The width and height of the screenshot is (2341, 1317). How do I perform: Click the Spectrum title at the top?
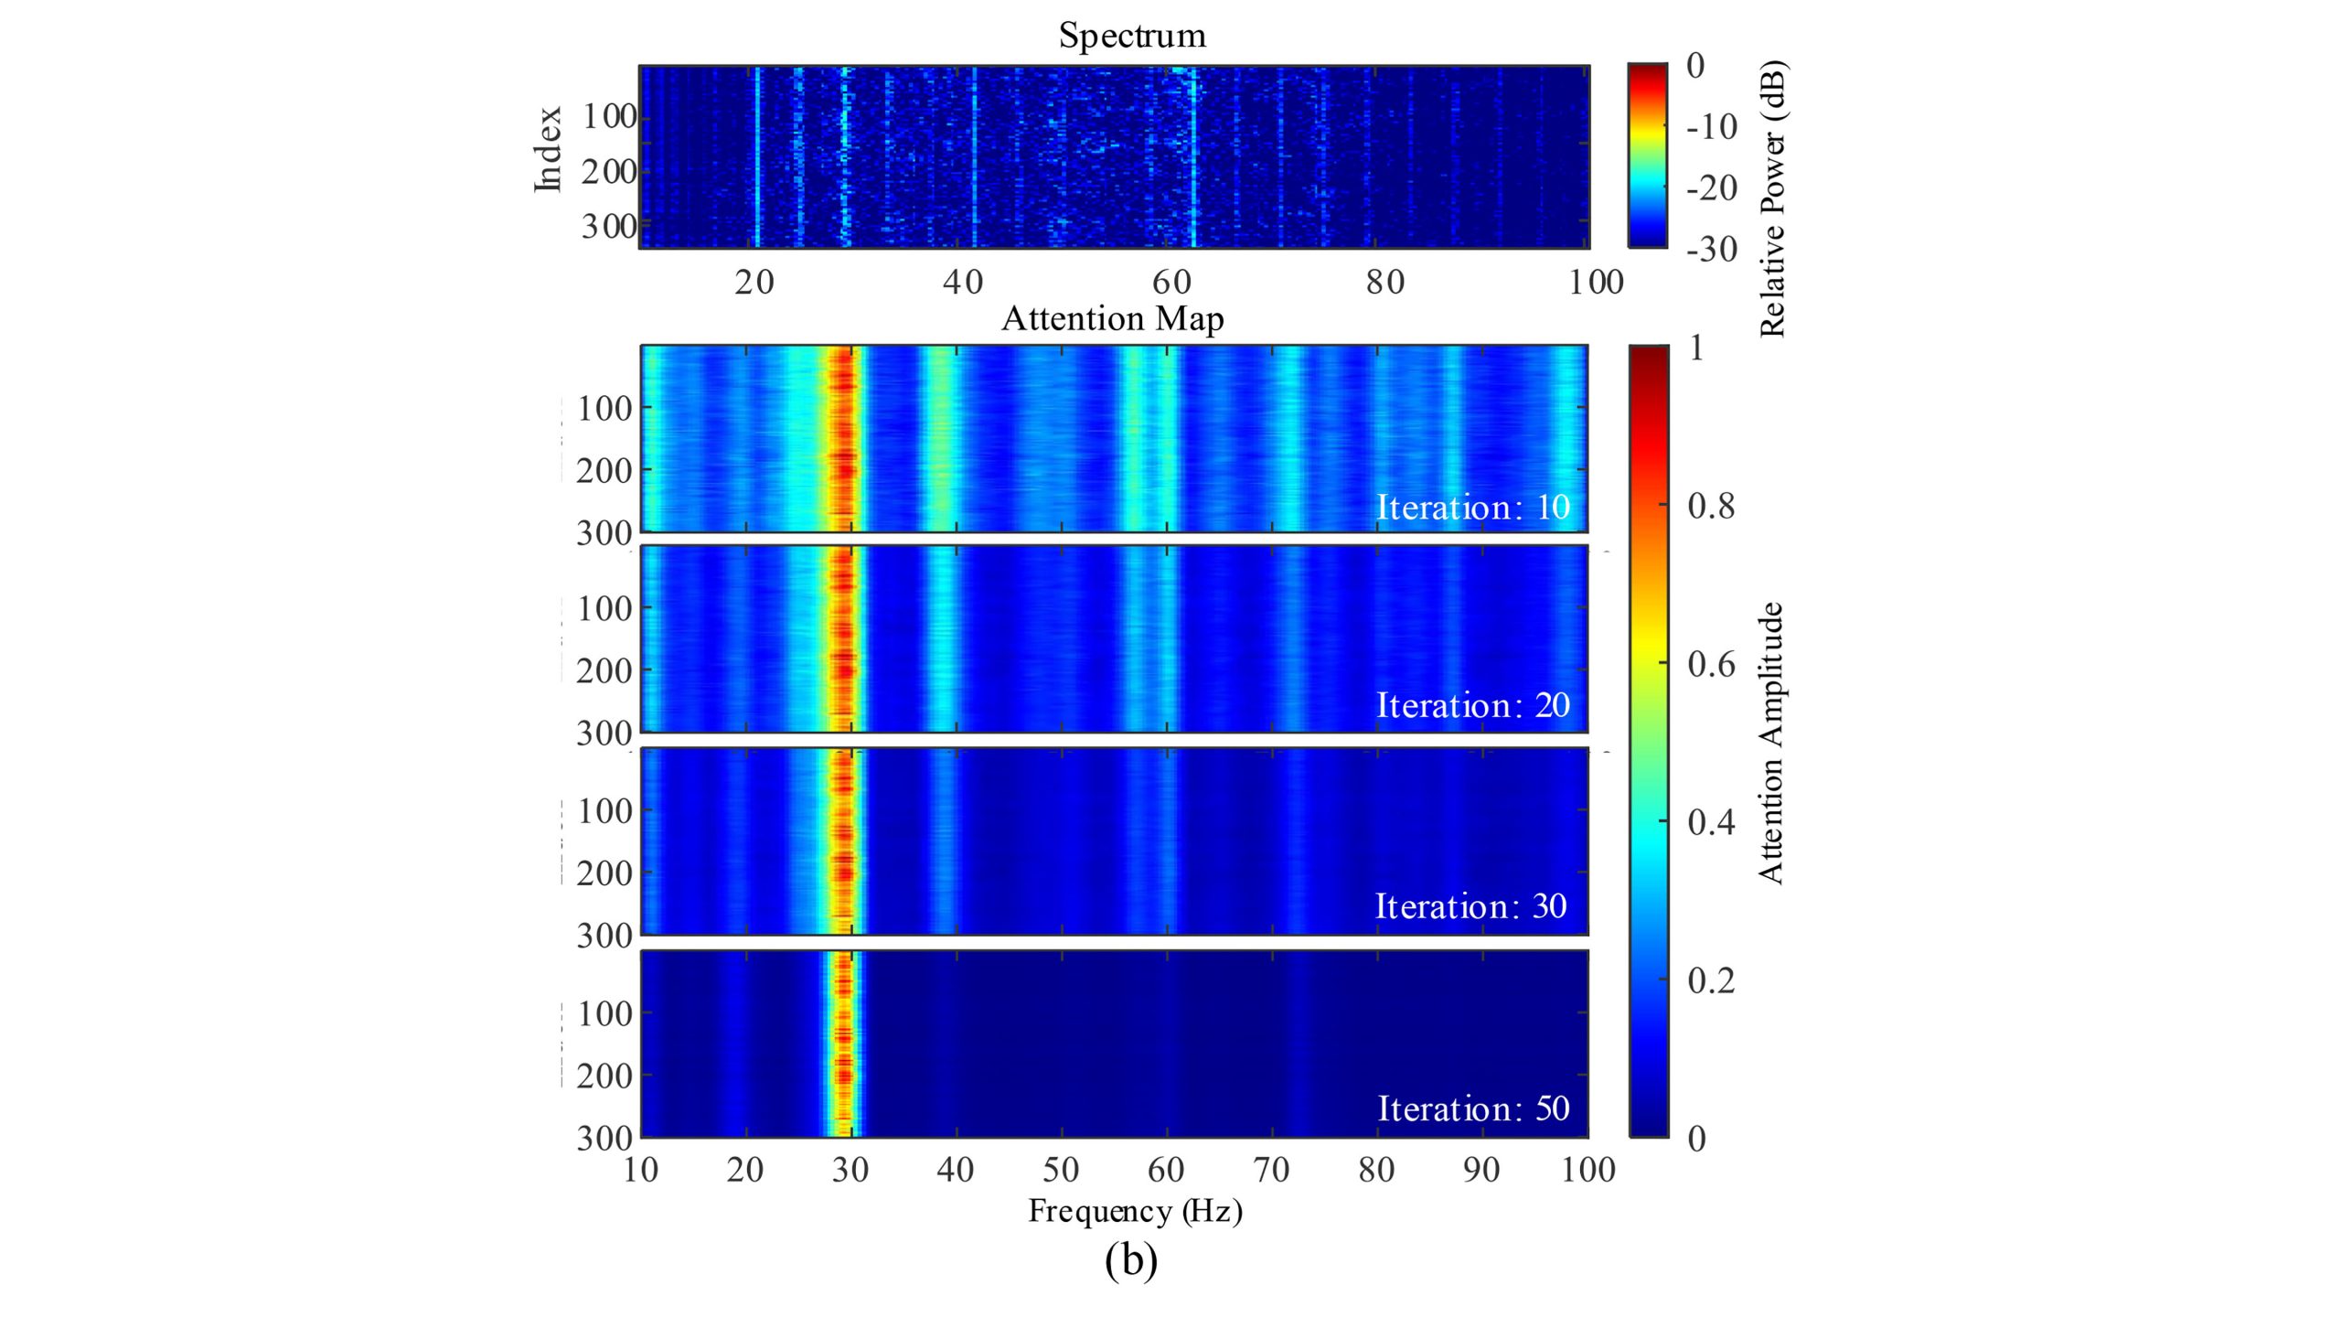point(1132,37)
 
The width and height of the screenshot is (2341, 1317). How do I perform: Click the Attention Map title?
point(1112,319)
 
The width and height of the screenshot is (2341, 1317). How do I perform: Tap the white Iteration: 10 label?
point(1472,508)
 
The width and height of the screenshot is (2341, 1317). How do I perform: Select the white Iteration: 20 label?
point(1472,706)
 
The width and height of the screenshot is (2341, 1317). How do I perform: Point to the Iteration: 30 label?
point(1470,906)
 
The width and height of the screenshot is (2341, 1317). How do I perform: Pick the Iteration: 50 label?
point(1473,1108)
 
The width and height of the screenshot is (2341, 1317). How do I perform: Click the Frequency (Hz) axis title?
point(1135,1211)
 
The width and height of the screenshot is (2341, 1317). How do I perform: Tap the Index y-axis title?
point(548,149)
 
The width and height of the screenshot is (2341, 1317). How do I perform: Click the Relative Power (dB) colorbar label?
point(1772,198)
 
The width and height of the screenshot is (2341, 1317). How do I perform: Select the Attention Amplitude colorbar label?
point(1771,743)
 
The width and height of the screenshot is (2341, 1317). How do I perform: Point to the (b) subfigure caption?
point(1131,1260)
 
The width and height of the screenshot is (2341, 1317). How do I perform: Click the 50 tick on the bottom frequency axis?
point(1061,1170)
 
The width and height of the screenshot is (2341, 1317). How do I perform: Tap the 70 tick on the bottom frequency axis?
point(1271,1170)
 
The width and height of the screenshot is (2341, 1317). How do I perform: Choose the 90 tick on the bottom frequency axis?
point(1481,1170)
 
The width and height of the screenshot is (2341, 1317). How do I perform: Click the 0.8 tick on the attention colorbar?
point(1711,507)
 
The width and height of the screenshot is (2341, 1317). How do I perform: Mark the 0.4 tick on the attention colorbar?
point(1711,823)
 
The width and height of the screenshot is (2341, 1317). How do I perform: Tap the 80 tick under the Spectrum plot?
point(1385,283)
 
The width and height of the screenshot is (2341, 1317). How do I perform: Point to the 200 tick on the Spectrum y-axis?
point(608,172)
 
